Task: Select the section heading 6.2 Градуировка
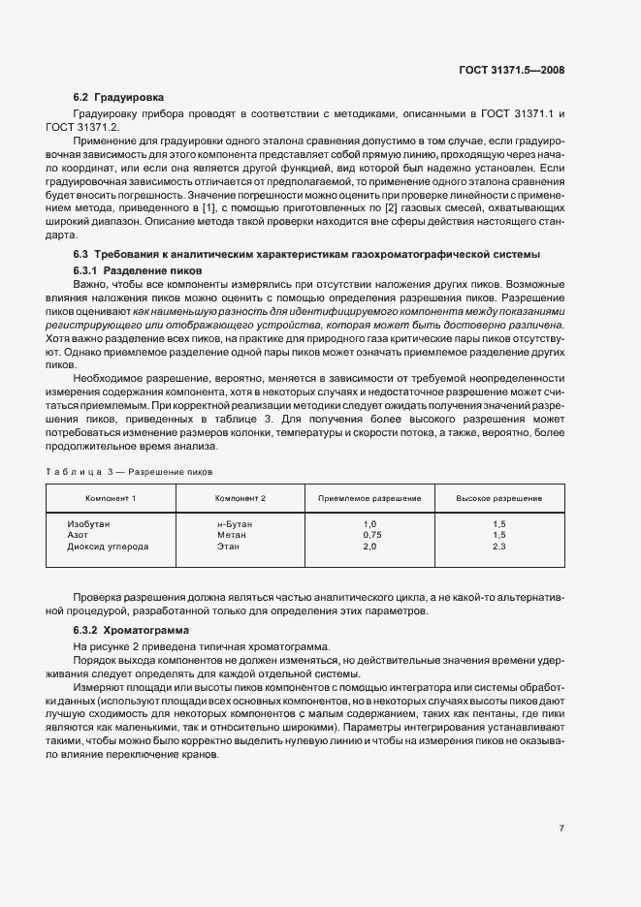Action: (x=118, y=98)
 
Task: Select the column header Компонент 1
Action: (x=111, y=498)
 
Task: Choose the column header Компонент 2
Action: (x=240, y=498)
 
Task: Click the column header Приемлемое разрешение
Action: (x=369, y=498)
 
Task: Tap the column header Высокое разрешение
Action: (x=499, y=498)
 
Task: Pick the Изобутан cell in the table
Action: (x=89, y=523)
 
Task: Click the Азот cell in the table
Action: (x=79, y=535)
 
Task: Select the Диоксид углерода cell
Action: (x=108, y=547)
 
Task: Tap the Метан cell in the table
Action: (x=231, y=535)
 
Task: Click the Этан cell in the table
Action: (x=228, y=547)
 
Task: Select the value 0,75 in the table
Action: (x=370, y=535)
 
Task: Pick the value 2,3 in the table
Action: (x=499, y=547)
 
